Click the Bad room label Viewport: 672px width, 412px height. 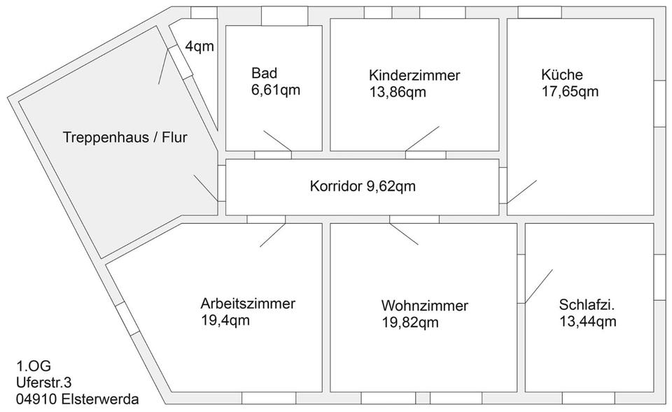tap(264, 73)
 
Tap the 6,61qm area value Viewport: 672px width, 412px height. tap(276, 90)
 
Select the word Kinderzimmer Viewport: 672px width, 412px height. tap(414, 76)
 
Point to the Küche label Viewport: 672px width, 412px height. tap(562, 75)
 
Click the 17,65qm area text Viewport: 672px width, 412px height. tap(570, 92)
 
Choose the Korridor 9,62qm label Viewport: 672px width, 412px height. tap(363, 186)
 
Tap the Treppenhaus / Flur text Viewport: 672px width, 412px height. tap(125, 138)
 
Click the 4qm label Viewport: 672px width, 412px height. tap(199, 46)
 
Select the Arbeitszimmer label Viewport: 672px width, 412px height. tap(248, 304)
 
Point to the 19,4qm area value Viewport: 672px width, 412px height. tap(225, 320)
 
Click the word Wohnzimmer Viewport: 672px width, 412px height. tap(424, 306)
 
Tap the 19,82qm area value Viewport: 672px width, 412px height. tap(410, 322)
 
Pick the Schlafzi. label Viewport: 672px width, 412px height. tap(587, 304)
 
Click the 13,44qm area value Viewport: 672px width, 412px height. tap(587, 321)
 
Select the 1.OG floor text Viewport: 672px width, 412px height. tap(34, 366)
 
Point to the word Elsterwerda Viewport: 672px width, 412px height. tap(100, 399)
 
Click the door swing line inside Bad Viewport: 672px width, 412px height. tap(277, 141)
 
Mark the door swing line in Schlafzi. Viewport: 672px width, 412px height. tap(539, 286)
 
